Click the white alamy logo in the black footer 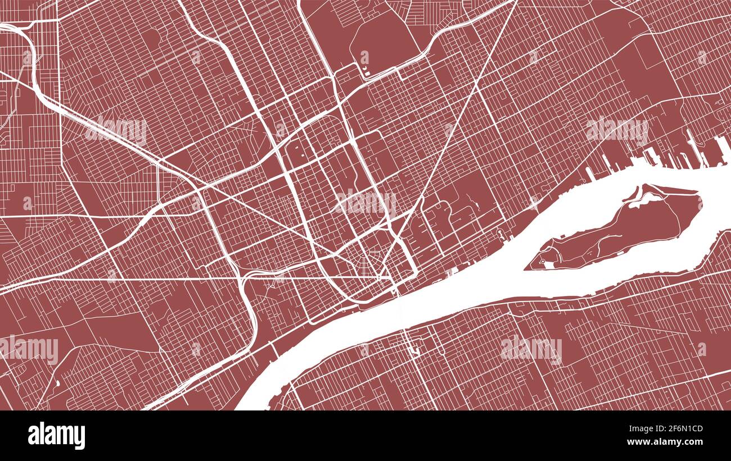(x=56, y=436)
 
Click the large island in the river (x=619, y=230)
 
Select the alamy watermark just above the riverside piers (x=617, y=130)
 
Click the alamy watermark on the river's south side (x=531, y=348)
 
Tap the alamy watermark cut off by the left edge (x=28, y=349)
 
